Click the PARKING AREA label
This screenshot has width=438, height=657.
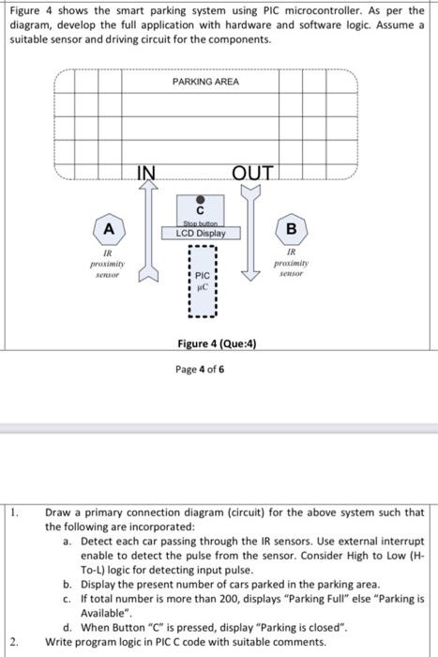tap(205, 82)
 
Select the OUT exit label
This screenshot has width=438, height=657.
tap(252, 172)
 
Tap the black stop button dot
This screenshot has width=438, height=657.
tap(201, 198)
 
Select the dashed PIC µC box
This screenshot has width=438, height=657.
tap(203, 279)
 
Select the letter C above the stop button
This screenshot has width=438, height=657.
tap(201, 210)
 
